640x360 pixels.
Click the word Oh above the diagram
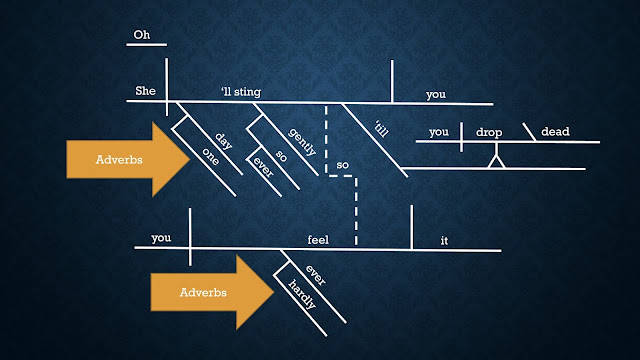[142, 35]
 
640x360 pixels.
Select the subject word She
[145, 91]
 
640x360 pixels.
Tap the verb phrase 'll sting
[241, 92]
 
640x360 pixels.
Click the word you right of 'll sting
[436, 95]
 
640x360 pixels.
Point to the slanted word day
[223, 141]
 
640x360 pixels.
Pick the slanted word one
[211, 156]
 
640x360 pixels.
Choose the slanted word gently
[302, 142]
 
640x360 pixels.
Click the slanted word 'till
[381, 129]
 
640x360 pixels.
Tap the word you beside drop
[439, 132]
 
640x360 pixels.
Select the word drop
[489, 133]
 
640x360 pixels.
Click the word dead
[555, 131]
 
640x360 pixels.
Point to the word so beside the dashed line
[342, 165]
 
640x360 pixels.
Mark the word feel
[318, 240]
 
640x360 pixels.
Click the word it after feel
[444, 241]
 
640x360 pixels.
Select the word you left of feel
[161, 238]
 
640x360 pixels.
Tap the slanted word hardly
[302, 294]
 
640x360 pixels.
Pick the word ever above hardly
[316, 275]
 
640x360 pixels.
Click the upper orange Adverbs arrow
[128, 159]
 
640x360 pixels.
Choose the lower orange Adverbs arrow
[212, 292]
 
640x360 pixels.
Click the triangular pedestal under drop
[496, 160]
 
